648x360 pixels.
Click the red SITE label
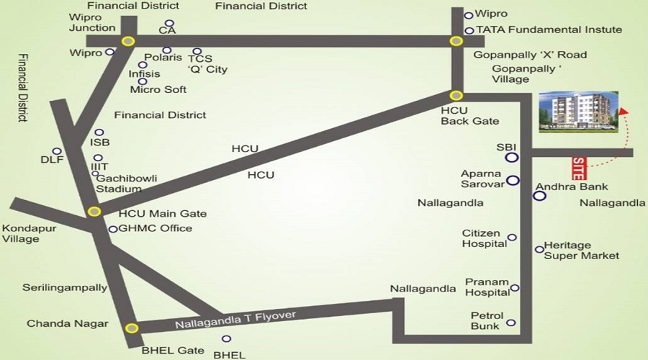579,168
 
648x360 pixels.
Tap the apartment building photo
579,112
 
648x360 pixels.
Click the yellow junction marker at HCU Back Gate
456,96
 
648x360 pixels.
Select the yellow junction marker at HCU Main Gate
94,212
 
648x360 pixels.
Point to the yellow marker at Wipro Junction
128,41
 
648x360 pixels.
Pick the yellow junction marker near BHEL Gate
132,328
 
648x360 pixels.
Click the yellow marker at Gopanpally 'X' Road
456,41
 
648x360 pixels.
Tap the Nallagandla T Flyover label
235,320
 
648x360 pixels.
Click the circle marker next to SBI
512,157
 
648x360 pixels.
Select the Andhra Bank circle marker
539,196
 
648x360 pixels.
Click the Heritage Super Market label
582,251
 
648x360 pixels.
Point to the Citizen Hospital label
485,238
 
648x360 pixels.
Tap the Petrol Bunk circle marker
511,323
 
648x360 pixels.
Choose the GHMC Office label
156,228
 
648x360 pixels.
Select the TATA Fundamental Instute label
549,30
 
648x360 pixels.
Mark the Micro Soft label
158,89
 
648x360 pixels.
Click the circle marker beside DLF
57,151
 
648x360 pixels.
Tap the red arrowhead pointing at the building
624,111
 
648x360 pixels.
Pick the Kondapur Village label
29,233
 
